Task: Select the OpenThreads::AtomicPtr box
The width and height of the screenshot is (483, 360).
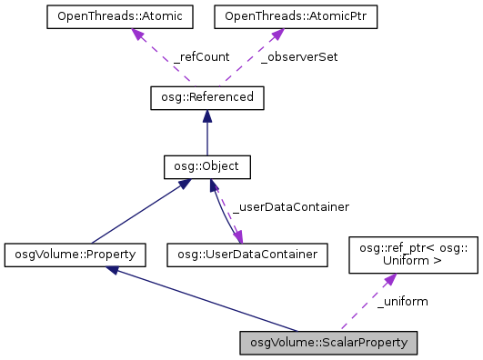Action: click(270, 16)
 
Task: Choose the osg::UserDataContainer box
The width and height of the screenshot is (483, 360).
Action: click(247, 254)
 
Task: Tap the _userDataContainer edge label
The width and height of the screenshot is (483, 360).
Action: click(291, 207)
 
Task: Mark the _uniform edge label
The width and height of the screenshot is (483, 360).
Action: click(402, 301)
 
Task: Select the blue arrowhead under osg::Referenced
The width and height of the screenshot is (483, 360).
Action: click(207, 115)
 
